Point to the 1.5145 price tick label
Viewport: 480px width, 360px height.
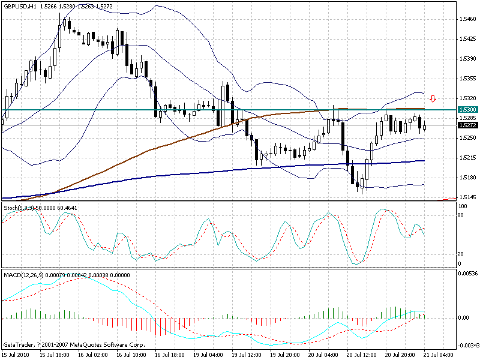click(x=467, y=197)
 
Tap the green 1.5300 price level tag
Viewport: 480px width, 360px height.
click(x=467, y=110)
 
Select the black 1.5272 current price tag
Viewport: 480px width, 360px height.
click(x=467, y=125)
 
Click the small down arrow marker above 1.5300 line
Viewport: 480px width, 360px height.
click(x=433, y=98)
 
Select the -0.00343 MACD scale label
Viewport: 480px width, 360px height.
click(x=466, y=346)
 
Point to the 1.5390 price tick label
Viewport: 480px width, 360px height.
click(x=467, y=59)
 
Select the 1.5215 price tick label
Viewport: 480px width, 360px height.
click(x=467, y=157)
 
